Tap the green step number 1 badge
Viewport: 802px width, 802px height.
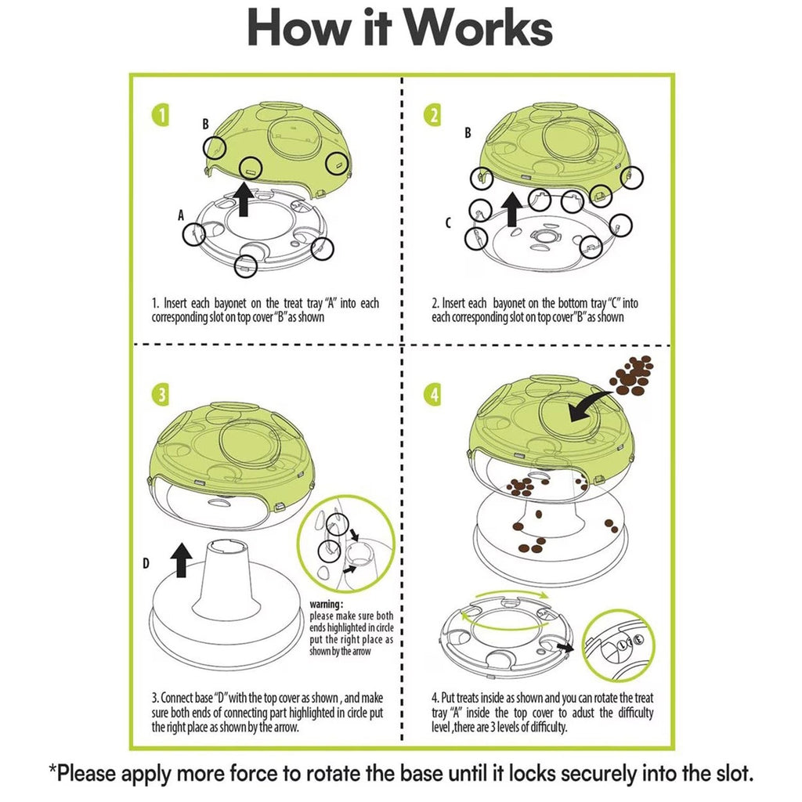pyautogui.click(x=160, y=116)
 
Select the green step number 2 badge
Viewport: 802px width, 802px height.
pyautogui.click(x=433, y=116)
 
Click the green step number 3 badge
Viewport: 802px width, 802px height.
pyautogui.click(x=160, y=396)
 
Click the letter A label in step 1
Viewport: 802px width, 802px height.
pyautogui.click(x=182, y=215)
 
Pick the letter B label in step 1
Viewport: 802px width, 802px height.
pyautogui.click(x=205, y=124)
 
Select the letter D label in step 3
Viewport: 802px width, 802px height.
pyautogui.click(x=146, y=564)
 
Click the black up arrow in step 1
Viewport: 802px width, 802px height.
pyautogui.click(x=243, y=199)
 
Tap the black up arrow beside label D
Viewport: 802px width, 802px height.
pyautogui.click(x=182, y=561)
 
